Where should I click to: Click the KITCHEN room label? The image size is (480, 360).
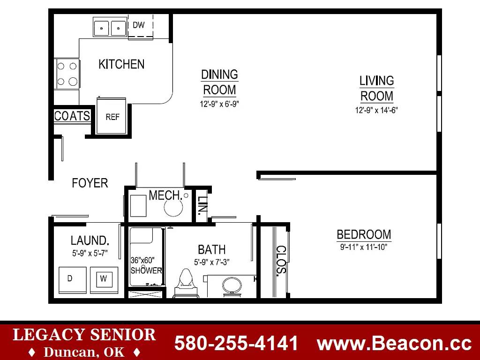pyautogui.click(x=121, y=64)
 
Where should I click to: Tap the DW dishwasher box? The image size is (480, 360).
pyautogui.click(x=140, y=27)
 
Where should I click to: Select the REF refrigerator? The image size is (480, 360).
pyautogui.click(x=112, y=116)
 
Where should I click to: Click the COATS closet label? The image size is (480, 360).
pyautogui.click(x=72, y=116)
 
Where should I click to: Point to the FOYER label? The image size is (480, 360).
pyautogui.click(x=90, y=183)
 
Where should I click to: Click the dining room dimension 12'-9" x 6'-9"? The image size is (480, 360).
pyautogui.click(x=219, y=104)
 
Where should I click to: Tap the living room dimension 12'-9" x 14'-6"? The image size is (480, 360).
pyautogui.click(x=376, y=110)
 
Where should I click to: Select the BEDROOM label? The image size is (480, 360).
pyautogui.click(x=364, y=234)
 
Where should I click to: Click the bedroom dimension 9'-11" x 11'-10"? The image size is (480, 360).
pyautogui.click(x=364, y=247)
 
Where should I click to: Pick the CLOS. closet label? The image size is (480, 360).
pyautogui.click(x=281, y=260)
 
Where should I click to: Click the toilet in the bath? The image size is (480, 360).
pyautogui.click(x=186, y=283)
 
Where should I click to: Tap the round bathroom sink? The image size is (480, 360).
pyautogui.click(x=232, y=286)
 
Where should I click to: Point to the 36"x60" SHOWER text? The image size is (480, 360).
pyautogui.click(x=146, y=265)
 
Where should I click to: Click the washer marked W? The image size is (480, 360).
pyautogui.click(x=104, y=280)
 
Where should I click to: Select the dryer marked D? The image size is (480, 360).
pyautogui.click(x=73, y=280)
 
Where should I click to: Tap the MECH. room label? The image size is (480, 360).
pyautogui.click(x=165, y=195)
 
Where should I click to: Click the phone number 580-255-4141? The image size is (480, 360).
pyautogui.click(x=236, y=343)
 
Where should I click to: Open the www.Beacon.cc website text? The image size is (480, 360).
pyautogui.click(x=394, y=343)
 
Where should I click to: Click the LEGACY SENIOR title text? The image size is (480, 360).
pyautogui.click(x=84, y=335)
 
